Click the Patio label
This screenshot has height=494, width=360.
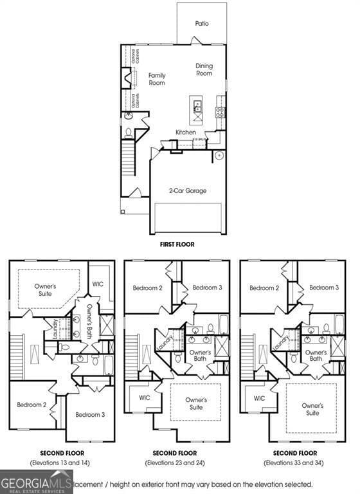pos(202,23)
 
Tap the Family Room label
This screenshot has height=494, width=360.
pos(157,79)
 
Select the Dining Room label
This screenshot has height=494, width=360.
pos(204,69)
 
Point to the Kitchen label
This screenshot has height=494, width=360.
pos(186,133)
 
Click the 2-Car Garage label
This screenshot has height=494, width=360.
pos(188,190)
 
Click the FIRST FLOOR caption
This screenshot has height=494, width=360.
pos(177,244)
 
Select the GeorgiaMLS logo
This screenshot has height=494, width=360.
pos(37,482)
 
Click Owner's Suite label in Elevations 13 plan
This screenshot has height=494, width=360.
pos(45,289)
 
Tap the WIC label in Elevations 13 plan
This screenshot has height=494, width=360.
pos(98,284)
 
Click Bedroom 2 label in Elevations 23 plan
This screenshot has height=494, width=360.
pos(147,288)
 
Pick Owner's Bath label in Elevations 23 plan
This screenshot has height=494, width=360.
pos(199,356)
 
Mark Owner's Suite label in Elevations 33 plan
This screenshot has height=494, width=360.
pos(312,410)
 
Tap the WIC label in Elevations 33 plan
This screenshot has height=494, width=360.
pos(259,398)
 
